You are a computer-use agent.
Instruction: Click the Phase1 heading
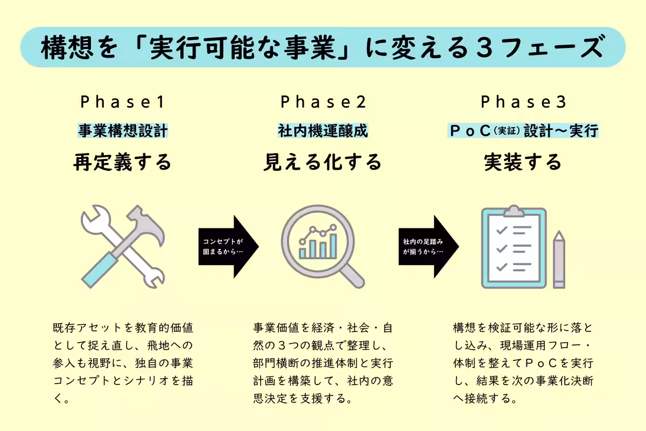[x=122, y=102]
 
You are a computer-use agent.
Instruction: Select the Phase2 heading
[x=322, y=102]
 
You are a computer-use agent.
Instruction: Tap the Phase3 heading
[x=523, y=102]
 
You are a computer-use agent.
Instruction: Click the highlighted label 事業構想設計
[x=123, y=131]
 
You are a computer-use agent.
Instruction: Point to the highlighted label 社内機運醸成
[x=322, y=131]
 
